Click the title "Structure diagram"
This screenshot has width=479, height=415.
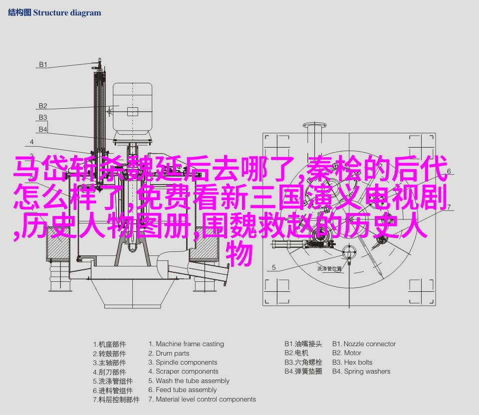67,13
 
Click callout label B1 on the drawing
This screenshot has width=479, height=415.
43,64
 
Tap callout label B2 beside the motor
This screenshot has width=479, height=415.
43,106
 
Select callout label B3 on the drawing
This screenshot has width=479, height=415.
43,117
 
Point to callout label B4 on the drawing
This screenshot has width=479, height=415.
43,129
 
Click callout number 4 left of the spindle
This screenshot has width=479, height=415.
32,142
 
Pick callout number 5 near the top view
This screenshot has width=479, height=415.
274,267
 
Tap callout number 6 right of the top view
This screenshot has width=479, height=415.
449,171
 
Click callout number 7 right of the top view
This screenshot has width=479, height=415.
449,207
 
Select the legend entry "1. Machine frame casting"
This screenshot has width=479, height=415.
186,344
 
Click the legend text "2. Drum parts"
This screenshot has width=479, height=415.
169,353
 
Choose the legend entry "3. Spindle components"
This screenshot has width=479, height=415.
183,363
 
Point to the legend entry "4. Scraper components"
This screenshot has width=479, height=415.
183,371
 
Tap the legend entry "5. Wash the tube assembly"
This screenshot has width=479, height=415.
189,381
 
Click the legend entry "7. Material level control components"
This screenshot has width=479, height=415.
202,399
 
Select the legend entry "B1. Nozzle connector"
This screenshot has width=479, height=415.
364,344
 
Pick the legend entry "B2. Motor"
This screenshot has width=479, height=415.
347,353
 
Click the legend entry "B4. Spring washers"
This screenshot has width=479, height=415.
361,371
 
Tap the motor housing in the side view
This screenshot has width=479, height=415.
133,107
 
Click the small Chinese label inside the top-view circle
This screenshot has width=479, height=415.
329,269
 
